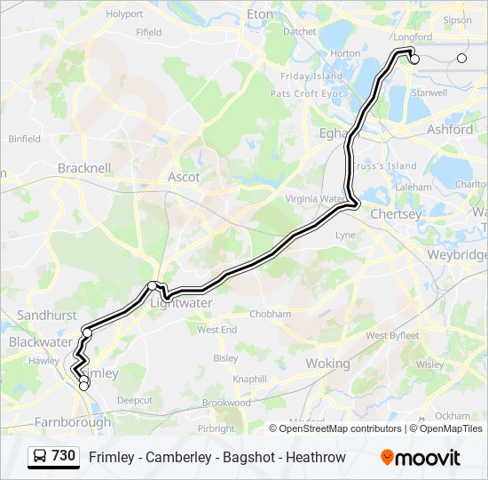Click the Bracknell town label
[x=84, y=167]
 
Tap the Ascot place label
[x=184, y=177]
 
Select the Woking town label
[x=327, y=364]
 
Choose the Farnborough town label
[x=73, y=421]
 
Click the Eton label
[x=260, y=14]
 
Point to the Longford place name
[x=413, y=37]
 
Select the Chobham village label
[x=270, y=314]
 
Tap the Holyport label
[x=124, y=14]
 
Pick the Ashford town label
[x=449, y=129]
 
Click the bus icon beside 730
[x=40, y=457]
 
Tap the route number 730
[x=63, y=456]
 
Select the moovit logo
[x=421, y=458]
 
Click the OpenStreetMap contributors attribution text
[x=341, y=428]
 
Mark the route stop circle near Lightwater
[x=153, y=285]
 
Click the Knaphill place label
[x=249, y=380]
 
